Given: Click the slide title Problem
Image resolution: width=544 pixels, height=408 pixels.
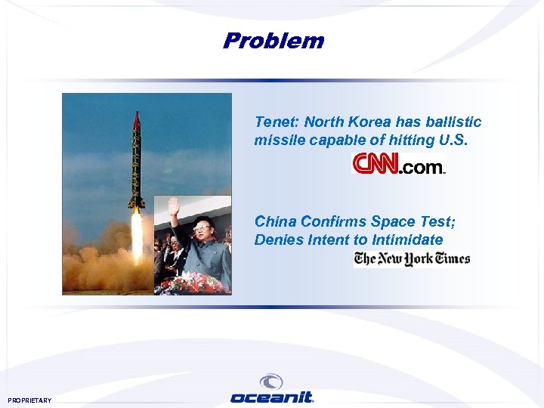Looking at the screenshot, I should [x=273, y=41].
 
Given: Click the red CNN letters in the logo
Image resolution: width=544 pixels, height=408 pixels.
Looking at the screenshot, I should [x=375, y=164].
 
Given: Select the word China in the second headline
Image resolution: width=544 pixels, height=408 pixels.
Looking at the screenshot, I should [x=275, y=221].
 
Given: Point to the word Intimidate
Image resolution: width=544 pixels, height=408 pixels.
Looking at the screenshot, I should [x=406, y=240].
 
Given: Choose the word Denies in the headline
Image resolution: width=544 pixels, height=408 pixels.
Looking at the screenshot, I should [x=277, y=240].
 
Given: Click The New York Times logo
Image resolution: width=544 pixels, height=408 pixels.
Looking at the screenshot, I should [x=412, y=258].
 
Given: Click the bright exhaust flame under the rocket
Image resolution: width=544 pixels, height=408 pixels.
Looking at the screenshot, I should [x=137, y=234].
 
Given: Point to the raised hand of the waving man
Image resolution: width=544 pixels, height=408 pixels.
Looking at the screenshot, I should [x=174, y=206].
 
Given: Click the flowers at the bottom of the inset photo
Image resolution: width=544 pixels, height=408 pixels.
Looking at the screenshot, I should [x=193, y=284].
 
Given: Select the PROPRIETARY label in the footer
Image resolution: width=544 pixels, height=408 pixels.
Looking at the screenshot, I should [x=30, y=400].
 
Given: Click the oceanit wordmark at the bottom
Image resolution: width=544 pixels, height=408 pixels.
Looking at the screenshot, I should [x=272, y=397].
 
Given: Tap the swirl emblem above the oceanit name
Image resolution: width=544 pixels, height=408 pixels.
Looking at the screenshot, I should [x=271, y=382].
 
